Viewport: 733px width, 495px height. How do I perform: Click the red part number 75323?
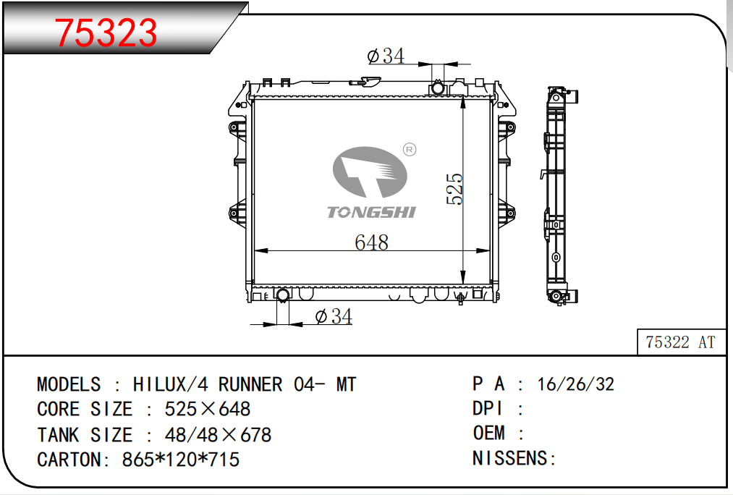106,33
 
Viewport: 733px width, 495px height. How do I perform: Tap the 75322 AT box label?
681,342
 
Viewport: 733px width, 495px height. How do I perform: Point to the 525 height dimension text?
454,189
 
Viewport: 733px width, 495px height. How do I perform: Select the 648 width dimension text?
372,242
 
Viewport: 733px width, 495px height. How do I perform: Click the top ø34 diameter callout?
386,56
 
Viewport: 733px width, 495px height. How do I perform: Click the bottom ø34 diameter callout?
334,316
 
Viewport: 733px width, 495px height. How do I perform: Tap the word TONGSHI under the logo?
371,212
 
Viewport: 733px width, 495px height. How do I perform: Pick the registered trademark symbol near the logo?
410,150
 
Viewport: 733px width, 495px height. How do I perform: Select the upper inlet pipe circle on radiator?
438,88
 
